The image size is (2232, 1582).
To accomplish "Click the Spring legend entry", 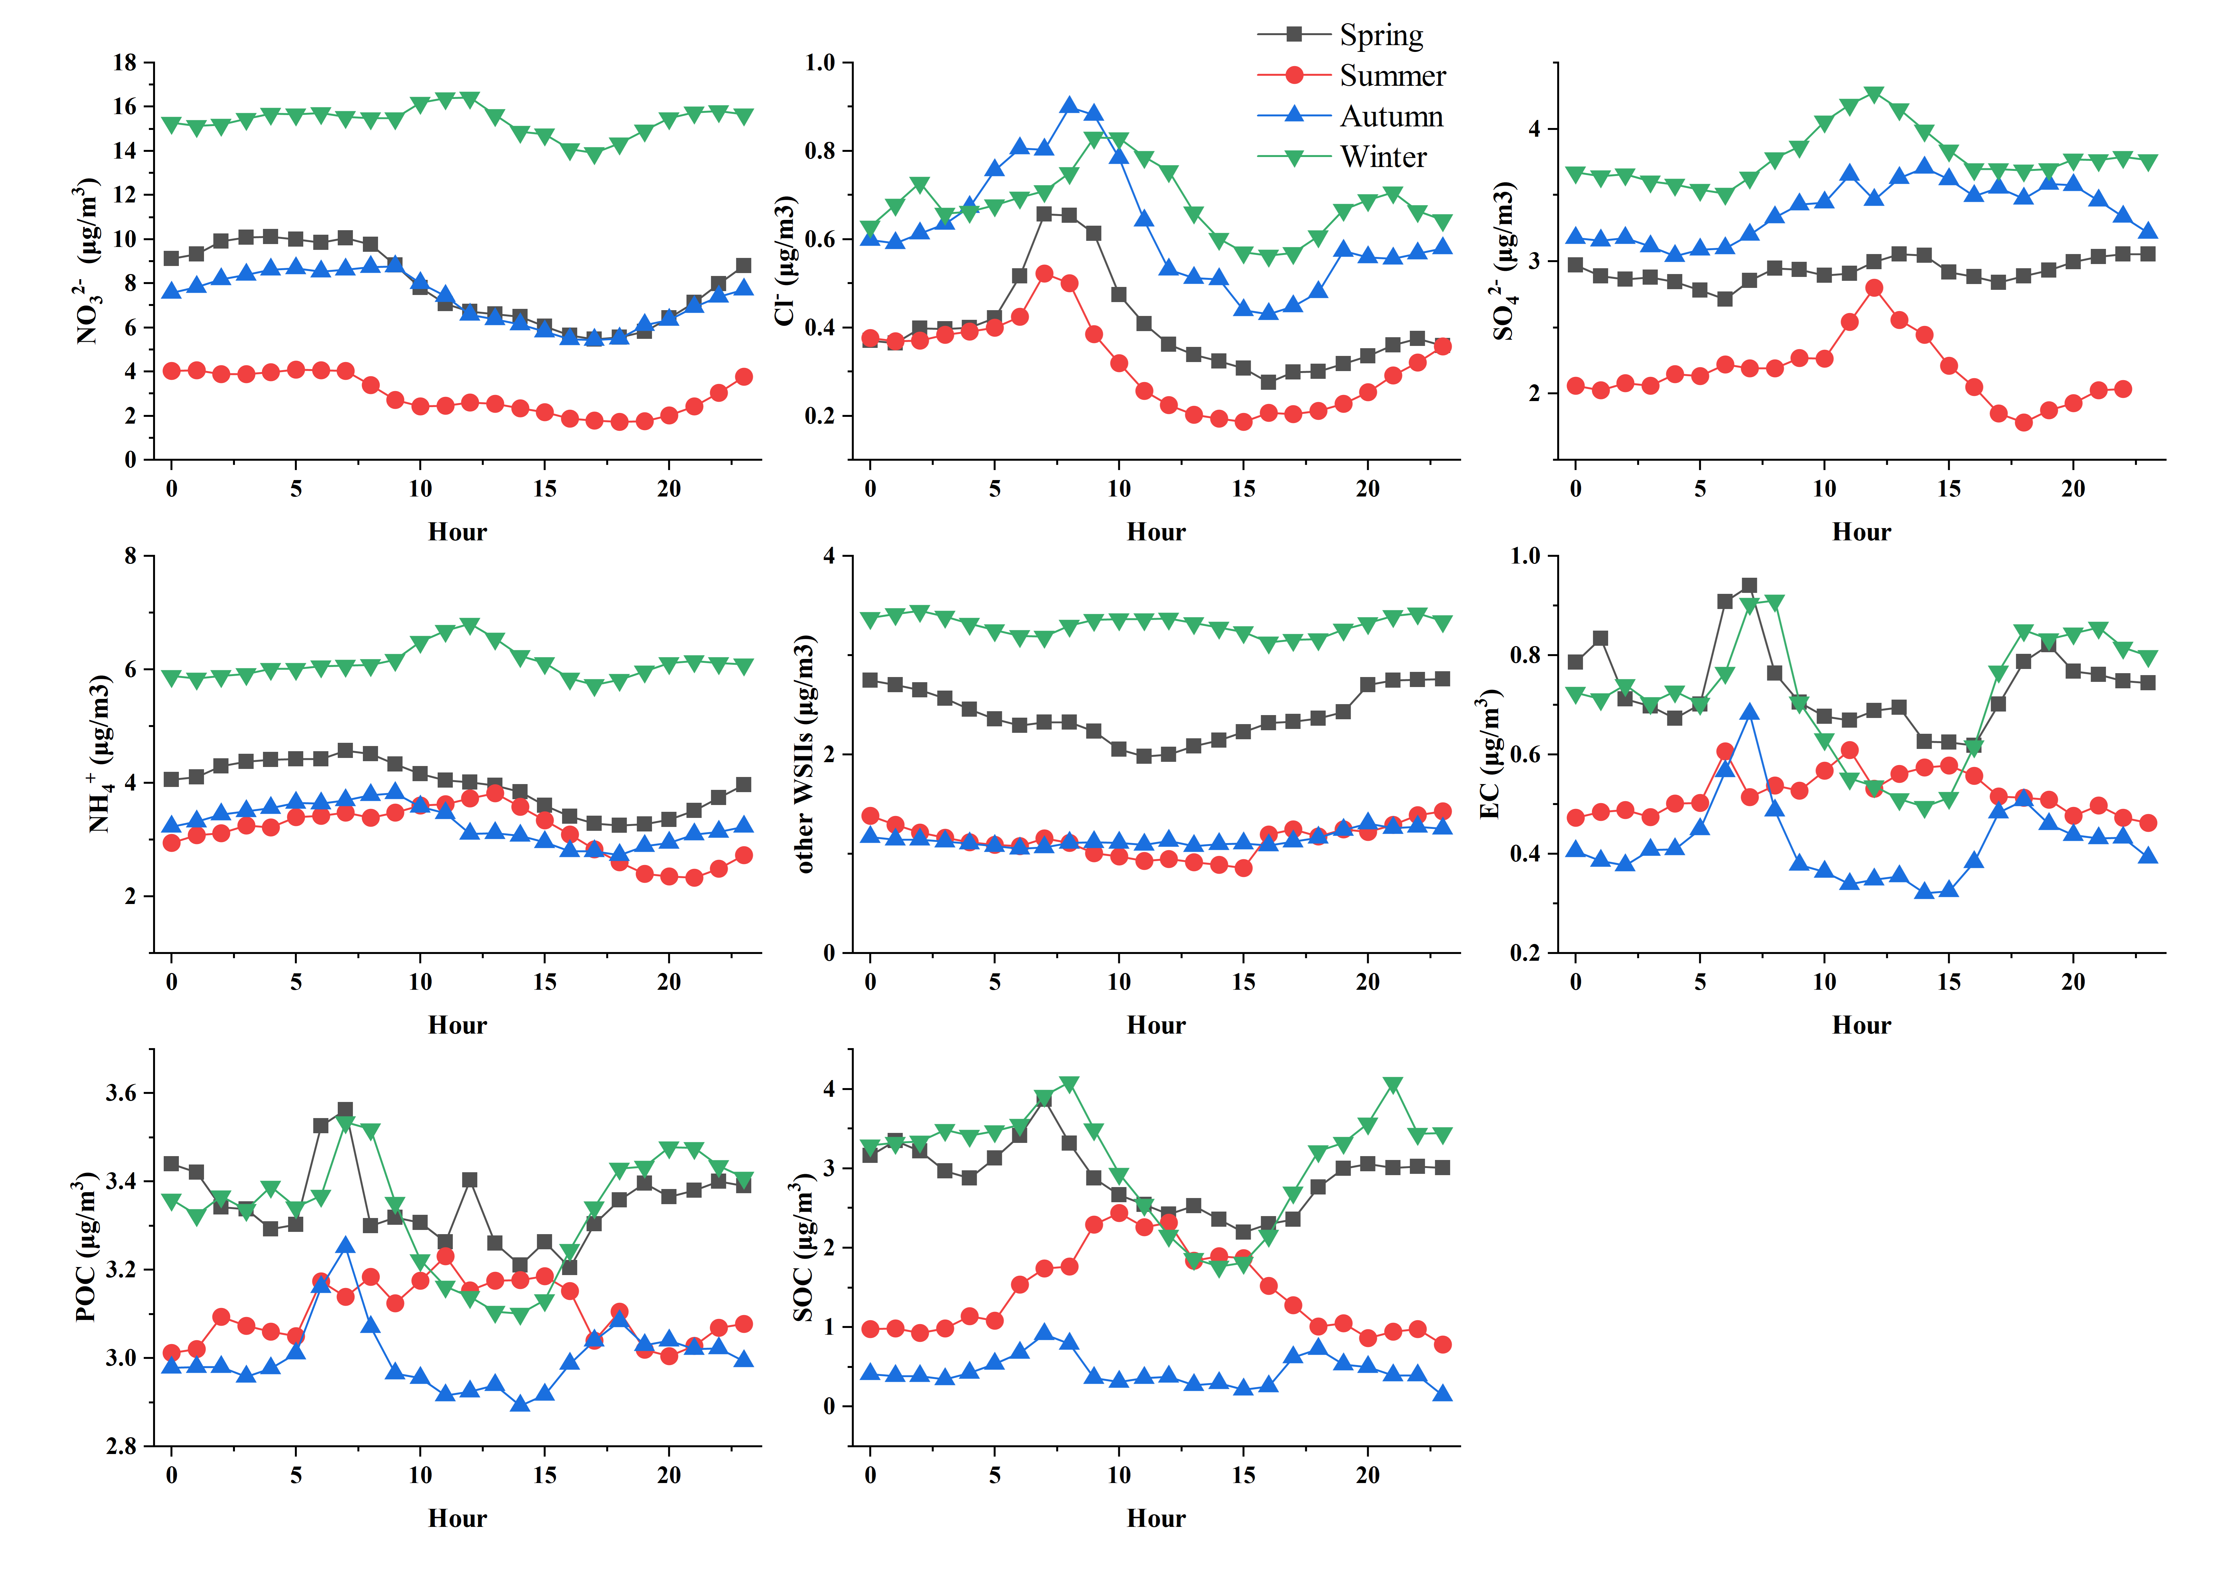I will (1380, 35).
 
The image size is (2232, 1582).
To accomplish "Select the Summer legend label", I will (1392, 76).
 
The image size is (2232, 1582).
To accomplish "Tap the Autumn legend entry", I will (1391, 117).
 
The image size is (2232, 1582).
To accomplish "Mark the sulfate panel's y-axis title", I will (1505, 261).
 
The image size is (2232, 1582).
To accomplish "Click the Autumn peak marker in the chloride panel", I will (1069, 105).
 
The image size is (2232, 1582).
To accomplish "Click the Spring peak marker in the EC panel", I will (1749, 585).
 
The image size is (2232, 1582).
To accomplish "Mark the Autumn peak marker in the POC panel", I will (346, 1245).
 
